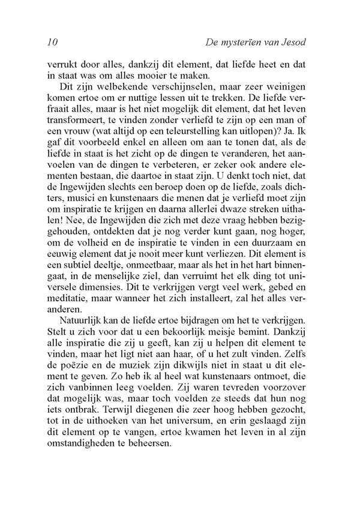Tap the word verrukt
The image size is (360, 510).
(x=62, y=64)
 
